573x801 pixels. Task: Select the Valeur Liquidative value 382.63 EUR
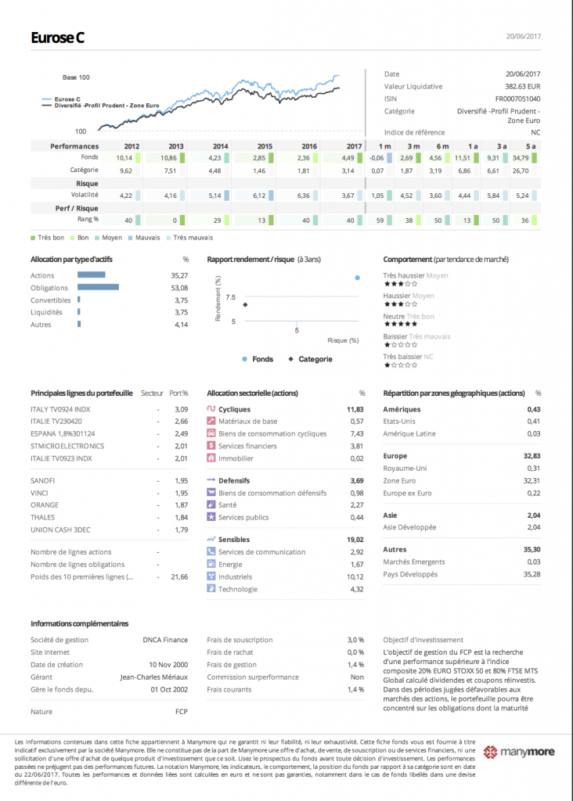[x=522, y=87]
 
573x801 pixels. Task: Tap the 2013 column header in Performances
[x=176, y=146]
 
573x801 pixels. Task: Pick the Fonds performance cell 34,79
[x=532, y=158]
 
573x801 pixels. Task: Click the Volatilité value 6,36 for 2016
[x=308, y=196]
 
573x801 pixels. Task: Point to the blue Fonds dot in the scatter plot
[x=357, y=278]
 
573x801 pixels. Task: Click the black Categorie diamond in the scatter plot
[x=245, y=305]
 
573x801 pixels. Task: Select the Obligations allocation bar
[x=99, y=288]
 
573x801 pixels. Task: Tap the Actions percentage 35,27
[x=179, y=275]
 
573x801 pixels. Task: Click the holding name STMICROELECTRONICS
[x=67, y=446]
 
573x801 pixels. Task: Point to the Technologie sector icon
[x=211, y=589]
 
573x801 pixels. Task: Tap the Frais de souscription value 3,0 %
[x=355, y=640]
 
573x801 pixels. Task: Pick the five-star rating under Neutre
[x=401, y=324]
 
